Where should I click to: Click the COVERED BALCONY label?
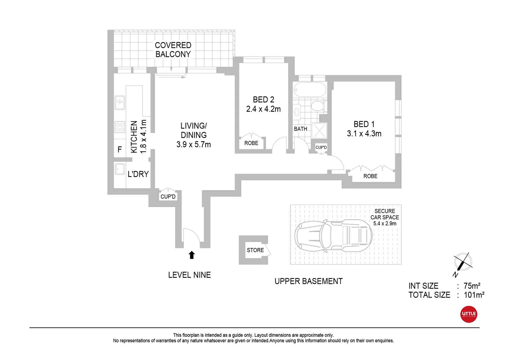173,50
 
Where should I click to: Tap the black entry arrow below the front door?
192,255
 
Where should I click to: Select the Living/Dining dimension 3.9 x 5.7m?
194,144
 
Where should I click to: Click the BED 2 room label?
263,100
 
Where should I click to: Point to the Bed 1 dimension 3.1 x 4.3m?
364,134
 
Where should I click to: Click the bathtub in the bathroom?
310,90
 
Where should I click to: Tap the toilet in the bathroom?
317,107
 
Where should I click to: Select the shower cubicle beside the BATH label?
319,131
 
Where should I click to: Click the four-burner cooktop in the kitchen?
120,127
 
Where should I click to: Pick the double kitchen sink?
120,102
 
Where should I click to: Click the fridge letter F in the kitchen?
120,150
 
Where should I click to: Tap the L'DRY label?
138,174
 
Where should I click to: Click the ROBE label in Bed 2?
251,143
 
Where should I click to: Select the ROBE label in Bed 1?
370,176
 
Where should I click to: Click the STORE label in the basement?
255,250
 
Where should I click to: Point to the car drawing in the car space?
333,235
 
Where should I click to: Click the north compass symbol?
462,262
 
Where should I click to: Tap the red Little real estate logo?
468,314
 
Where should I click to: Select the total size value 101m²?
474,295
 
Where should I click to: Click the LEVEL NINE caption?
189,275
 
